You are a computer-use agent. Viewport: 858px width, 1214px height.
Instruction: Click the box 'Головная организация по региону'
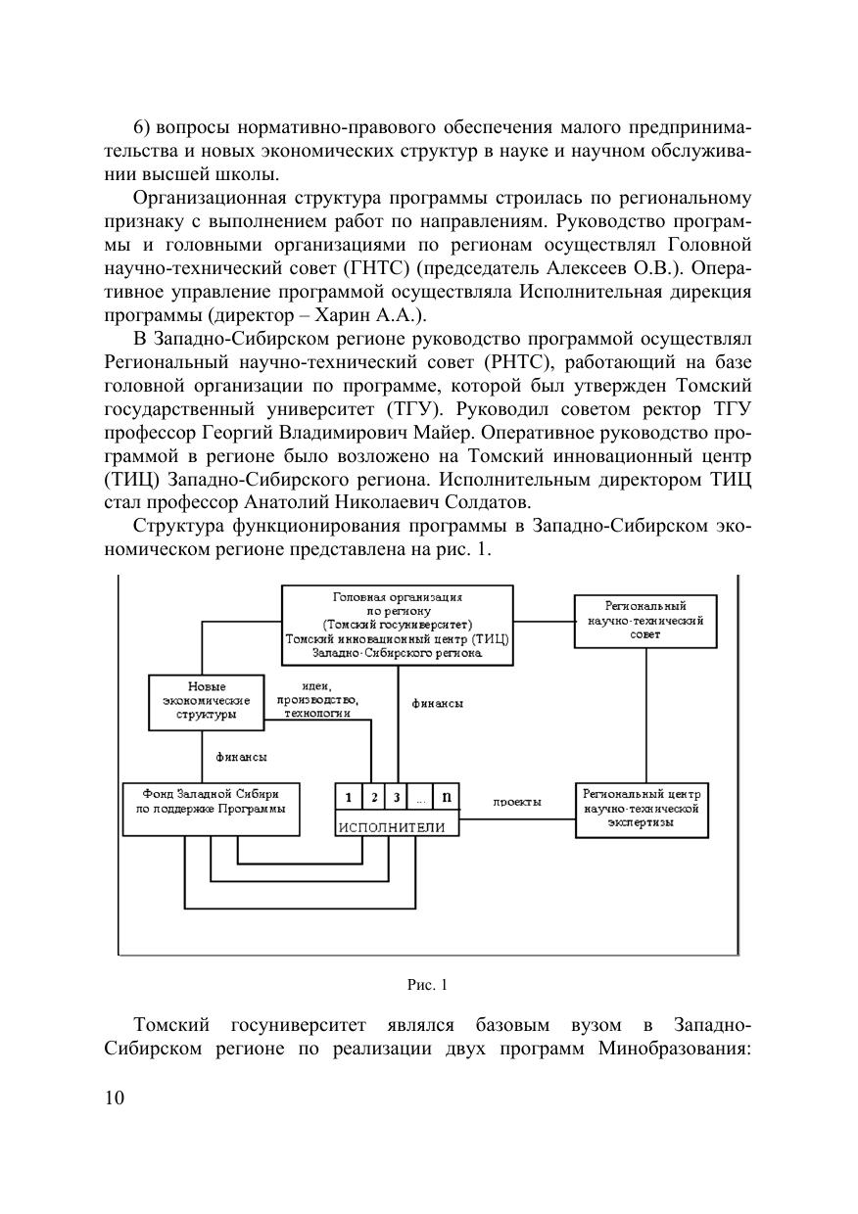point(397,624)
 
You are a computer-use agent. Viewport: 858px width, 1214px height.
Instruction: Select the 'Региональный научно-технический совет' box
point(645,621)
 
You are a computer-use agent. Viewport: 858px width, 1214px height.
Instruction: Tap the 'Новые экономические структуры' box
point(206,701)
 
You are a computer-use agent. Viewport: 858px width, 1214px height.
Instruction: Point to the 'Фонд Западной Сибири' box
point(211,808)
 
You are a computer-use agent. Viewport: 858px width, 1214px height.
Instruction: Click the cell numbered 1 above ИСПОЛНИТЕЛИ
point(348,797)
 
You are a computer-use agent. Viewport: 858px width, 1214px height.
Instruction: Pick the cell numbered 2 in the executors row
point(373,797)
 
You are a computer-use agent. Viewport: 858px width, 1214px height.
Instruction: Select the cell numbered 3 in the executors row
point(397,797)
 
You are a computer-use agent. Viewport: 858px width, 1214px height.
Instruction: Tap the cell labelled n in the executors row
point(447,797)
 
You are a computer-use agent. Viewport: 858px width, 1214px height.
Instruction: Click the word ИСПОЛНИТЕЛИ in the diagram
point(392,827)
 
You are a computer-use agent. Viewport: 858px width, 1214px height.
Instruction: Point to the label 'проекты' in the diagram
point(517,802)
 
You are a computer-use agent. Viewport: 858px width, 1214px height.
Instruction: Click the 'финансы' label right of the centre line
point(437,703)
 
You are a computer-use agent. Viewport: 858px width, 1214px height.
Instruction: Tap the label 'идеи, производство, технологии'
point(317,700)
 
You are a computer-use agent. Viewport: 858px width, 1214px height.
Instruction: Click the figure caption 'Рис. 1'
point(427,984)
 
